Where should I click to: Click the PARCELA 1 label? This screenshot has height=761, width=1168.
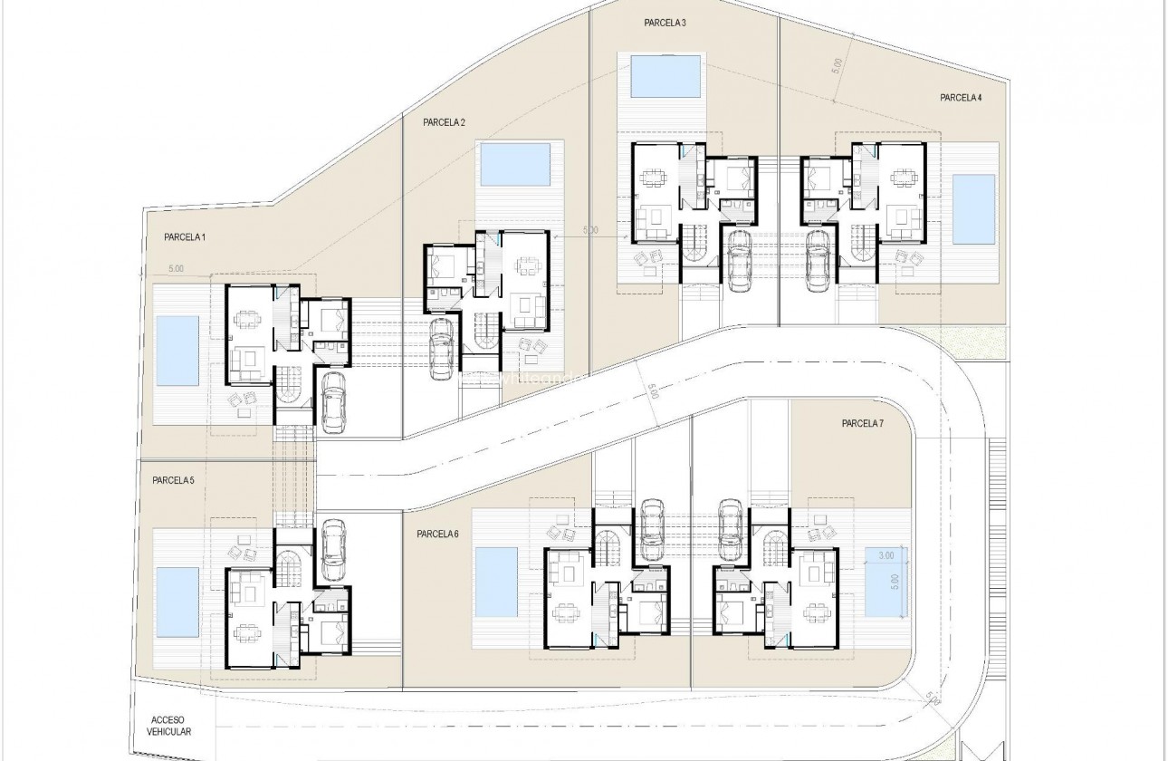[x=185, y=237]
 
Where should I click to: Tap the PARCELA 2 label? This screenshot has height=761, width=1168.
[x=444, y=121]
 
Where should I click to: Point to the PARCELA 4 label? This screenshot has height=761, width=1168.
[x=961, y=98]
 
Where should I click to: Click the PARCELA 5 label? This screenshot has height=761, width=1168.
[x=173, y=480]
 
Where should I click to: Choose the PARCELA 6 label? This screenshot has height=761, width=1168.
[x=438, y=535]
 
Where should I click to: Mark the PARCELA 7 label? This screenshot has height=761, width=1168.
[x=862, y=423]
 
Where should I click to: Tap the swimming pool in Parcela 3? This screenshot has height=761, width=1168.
[x=665, y=75]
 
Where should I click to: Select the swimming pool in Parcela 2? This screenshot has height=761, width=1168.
[x=514, y=164]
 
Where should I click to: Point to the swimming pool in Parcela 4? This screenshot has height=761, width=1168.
[x=972, y=209]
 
